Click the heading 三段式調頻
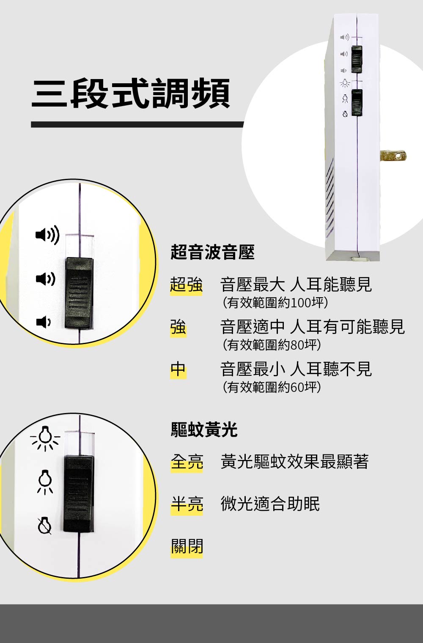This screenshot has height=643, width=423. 131,93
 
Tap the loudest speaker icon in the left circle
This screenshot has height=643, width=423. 47,235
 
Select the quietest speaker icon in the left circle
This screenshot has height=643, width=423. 43,322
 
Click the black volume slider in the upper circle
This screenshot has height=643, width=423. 79,293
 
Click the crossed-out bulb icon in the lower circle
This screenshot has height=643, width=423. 44,525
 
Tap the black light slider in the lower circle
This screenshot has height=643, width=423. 79,494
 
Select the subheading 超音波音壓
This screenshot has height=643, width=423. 212,252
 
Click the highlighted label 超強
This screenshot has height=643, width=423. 186,285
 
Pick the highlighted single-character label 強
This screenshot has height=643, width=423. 178,327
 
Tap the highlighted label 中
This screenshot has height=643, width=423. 178,369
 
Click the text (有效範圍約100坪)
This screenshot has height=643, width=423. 275,303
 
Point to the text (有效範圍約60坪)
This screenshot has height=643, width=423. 272,387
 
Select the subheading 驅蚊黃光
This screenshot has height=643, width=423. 204,430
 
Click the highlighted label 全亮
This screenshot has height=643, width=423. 187,462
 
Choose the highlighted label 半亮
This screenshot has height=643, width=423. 187,504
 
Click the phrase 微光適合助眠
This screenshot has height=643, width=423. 270,504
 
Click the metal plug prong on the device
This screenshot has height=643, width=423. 393,156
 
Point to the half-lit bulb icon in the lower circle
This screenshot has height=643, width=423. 45,481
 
